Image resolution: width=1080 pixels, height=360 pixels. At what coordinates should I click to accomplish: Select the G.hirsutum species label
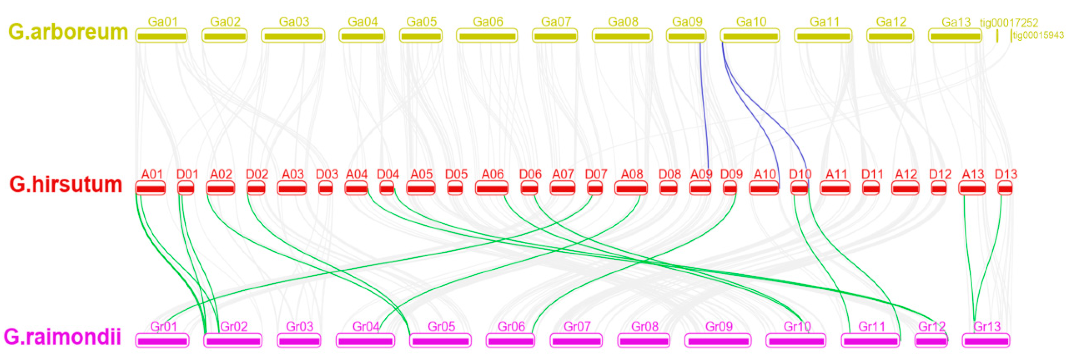66,184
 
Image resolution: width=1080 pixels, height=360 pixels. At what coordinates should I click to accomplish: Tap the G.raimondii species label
63,336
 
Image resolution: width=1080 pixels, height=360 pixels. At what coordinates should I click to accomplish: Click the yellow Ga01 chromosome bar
161,36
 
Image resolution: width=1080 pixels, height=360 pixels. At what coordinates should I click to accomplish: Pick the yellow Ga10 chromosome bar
750,36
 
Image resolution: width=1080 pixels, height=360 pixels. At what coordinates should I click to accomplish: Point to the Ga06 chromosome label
488,22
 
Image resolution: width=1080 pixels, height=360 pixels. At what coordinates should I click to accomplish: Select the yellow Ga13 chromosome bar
955,36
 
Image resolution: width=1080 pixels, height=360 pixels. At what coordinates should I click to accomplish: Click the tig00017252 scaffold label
1009,23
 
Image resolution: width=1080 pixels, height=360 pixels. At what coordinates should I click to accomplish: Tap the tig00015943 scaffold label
1038,35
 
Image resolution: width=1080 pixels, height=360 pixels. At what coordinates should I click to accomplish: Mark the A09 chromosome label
701,174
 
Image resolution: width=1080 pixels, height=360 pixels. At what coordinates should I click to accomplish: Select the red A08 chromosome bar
631,189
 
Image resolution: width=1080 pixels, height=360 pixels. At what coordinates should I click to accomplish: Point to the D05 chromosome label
456,174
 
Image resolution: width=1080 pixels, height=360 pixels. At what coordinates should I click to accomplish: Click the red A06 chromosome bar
492,189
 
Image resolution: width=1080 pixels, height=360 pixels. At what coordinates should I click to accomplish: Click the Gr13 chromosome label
987,327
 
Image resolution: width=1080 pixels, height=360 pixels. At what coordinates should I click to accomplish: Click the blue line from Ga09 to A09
704,109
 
